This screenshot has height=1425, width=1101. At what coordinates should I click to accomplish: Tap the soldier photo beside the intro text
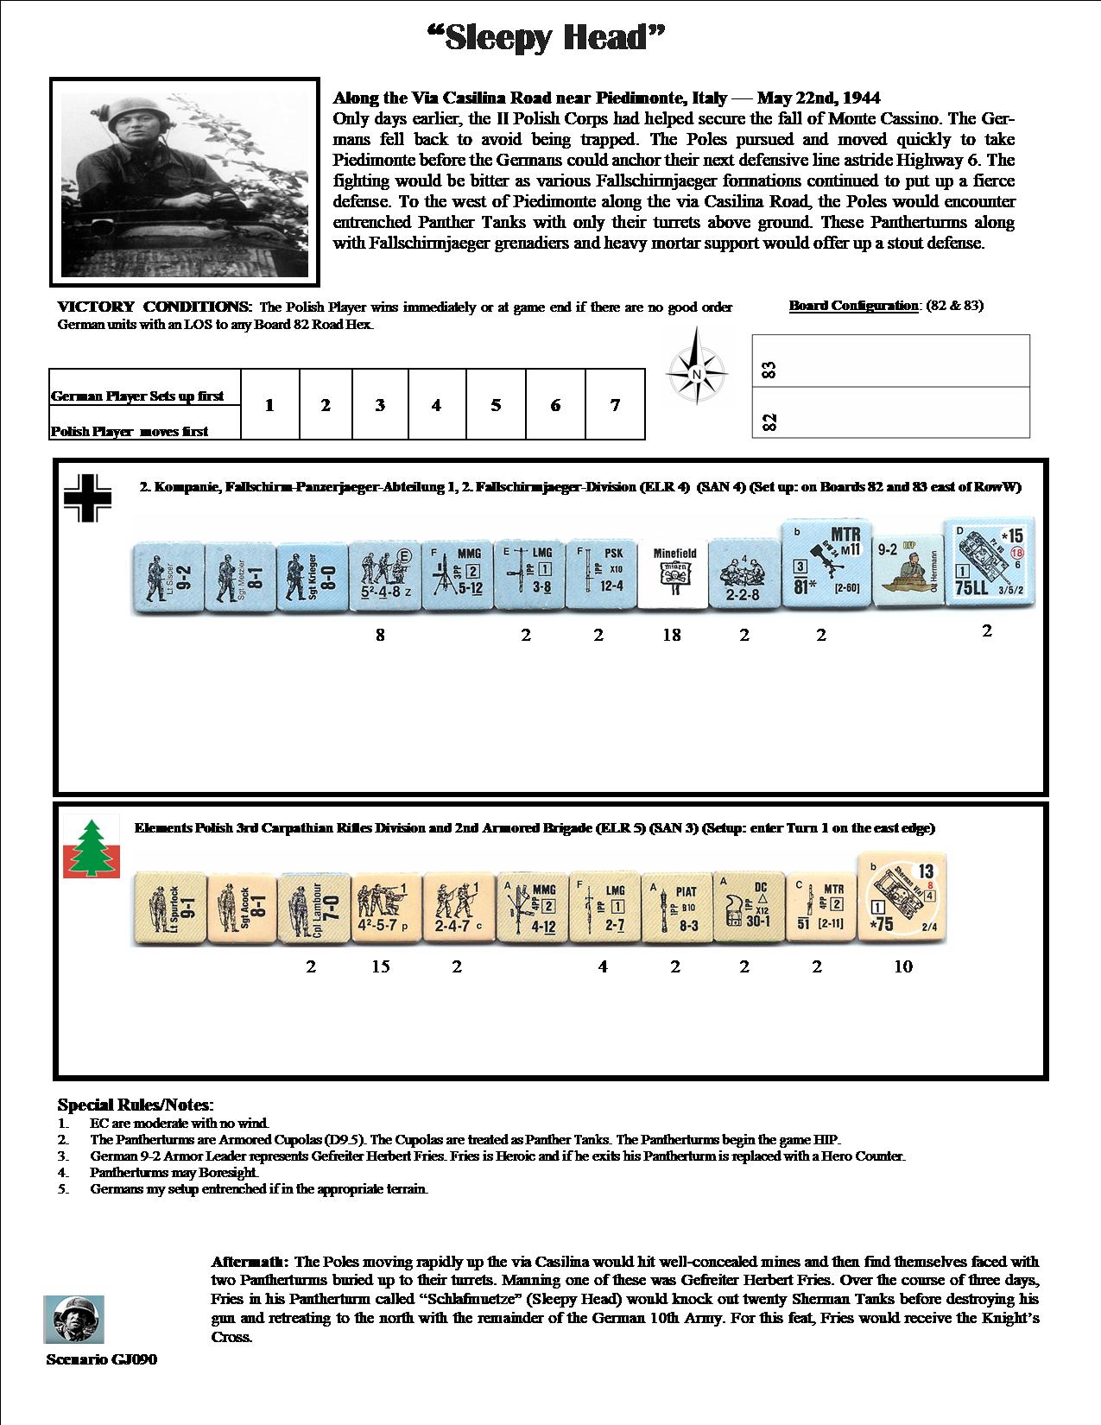pos(184,181)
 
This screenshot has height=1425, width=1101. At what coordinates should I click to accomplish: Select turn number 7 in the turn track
pos(615,405)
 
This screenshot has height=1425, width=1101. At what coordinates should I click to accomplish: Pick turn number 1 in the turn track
pos(269,405)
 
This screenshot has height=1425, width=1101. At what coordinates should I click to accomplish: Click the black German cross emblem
pos(88,498)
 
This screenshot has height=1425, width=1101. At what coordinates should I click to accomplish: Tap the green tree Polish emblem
pos(91,848)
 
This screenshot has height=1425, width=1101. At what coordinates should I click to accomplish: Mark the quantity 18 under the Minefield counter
pos(672,635)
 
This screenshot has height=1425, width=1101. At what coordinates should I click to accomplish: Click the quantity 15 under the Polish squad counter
pos(381,966)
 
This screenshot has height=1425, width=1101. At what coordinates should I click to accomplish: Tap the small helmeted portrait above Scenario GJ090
pos(73,1320)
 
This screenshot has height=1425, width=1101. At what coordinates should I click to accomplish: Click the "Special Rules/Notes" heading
pos(136,1105)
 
